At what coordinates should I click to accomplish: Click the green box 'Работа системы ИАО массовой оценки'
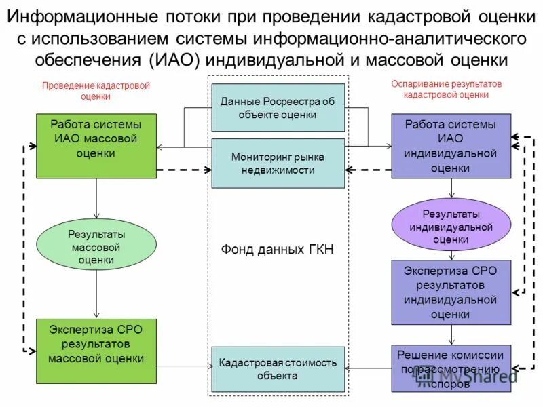tap(96, 146)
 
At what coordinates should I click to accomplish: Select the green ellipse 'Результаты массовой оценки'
tap(96, 246)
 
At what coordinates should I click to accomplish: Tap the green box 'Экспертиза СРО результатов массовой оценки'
tap(96, 351)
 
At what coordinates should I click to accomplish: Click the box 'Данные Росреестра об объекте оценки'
tap(278, 107)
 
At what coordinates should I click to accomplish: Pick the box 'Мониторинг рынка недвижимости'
tap(278, 163)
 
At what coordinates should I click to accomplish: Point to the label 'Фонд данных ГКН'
tap(278, 250)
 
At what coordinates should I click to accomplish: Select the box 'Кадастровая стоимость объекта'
tap(278, 369)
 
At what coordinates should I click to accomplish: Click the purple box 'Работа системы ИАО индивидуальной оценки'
tap(451, 146)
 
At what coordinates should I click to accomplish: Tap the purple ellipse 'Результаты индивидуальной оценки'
tap(451, 227)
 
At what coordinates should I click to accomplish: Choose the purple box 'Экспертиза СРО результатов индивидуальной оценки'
tap(451, 292)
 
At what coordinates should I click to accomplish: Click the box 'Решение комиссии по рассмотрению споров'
tap(451, 368)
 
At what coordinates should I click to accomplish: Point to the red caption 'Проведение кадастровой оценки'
tap(96, 91)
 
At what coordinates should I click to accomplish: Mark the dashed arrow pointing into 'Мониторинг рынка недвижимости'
tap(185, 169)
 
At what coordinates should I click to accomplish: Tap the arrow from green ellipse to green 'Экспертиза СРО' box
tap(96, 294)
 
